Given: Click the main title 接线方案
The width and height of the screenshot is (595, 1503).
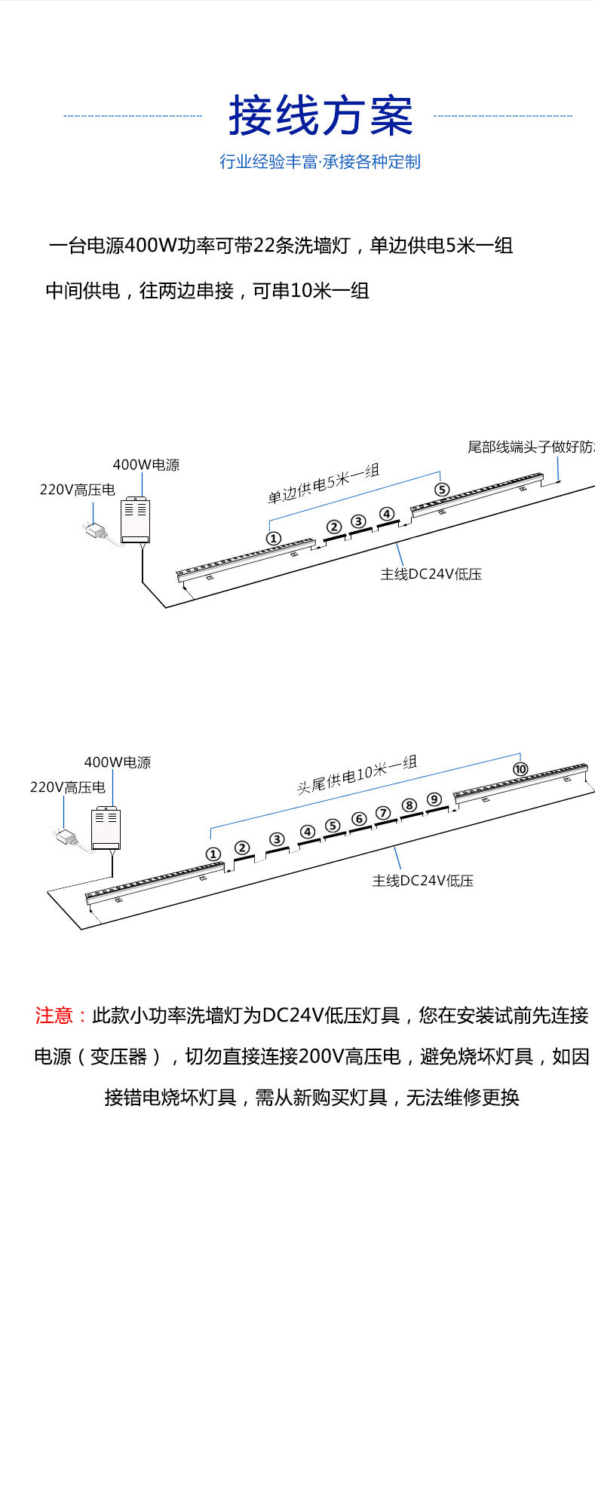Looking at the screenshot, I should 321,116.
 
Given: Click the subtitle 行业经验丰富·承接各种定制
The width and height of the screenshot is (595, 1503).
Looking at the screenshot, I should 320,161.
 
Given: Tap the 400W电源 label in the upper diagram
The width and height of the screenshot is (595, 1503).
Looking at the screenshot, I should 146,465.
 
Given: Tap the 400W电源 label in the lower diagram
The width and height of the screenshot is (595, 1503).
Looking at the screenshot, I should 118,762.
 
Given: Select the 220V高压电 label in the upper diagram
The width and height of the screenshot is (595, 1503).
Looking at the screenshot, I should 77,490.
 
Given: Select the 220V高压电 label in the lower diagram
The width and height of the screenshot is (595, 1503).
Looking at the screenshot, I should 67,787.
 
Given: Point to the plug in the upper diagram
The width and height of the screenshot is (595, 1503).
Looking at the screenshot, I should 96,530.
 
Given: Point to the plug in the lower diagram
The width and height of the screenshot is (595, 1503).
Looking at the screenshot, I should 66,836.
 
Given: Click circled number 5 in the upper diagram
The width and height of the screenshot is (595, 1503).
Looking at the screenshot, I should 442,490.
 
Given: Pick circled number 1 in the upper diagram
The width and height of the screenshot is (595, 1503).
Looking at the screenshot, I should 274,538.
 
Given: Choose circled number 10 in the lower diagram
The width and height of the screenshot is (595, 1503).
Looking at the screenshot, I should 520,769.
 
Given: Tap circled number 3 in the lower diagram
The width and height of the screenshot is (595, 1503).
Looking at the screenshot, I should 278,839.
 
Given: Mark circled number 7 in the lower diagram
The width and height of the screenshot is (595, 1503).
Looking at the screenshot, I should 383,813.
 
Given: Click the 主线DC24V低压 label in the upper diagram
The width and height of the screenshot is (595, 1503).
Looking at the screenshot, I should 431,574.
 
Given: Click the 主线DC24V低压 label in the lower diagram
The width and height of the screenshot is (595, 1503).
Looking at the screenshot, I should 422,881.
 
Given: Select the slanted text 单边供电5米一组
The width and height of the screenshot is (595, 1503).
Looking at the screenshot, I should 324,484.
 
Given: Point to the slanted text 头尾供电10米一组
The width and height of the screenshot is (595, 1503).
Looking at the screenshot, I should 356,775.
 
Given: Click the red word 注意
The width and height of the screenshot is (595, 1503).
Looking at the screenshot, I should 54,1016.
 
